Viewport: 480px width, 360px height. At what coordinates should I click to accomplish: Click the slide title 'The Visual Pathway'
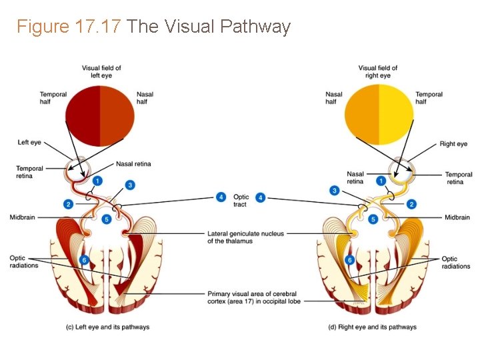click(209, 27)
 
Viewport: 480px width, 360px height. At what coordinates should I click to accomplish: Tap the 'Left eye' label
click(29, 143)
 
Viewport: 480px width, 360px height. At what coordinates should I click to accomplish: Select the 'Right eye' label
click(453, 144)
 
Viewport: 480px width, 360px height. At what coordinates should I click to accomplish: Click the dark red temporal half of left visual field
click(83, 115)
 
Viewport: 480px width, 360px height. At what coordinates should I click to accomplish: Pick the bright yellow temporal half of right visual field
click(396, 115)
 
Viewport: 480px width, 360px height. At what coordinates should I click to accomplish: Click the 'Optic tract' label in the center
click(241, 201)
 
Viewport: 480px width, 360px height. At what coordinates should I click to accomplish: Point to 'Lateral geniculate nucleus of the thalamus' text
click(245, 237)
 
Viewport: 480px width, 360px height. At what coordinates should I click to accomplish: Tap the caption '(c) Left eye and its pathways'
click(107, 327)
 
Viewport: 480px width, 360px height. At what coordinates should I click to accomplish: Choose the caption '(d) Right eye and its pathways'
click(373, 327)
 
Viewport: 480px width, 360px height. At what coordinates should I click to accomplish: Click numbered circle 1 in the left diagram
click(97, 181)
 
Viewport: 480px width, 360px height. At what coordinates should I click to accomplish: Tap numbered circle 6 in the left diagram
click(84, 259)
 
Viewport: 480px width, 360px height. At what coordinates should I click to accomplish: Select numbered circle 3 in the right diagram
click(335, 191)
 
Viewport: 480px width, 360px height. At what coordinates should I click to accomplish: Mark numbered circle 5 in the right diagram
click(373, 219)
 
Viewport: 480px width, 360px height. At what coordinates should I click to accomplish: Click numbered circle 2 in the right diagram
click(411, 204)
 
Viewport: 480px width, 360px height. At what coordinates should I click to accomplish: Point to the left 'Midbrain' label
click(23, 217)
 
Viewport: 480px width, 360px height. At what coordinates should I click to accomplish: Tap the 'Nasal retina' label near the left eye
click(133, 164)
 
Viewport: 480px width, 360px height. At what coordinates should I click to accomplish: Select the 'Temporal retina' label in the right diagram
click(459, 178)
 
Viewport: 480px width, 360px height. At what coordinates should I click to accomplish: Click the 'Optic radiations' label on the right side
click(456, 263)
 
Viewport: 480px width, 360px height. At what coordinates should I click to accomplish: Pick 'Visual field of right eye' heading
click(378, 71)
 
